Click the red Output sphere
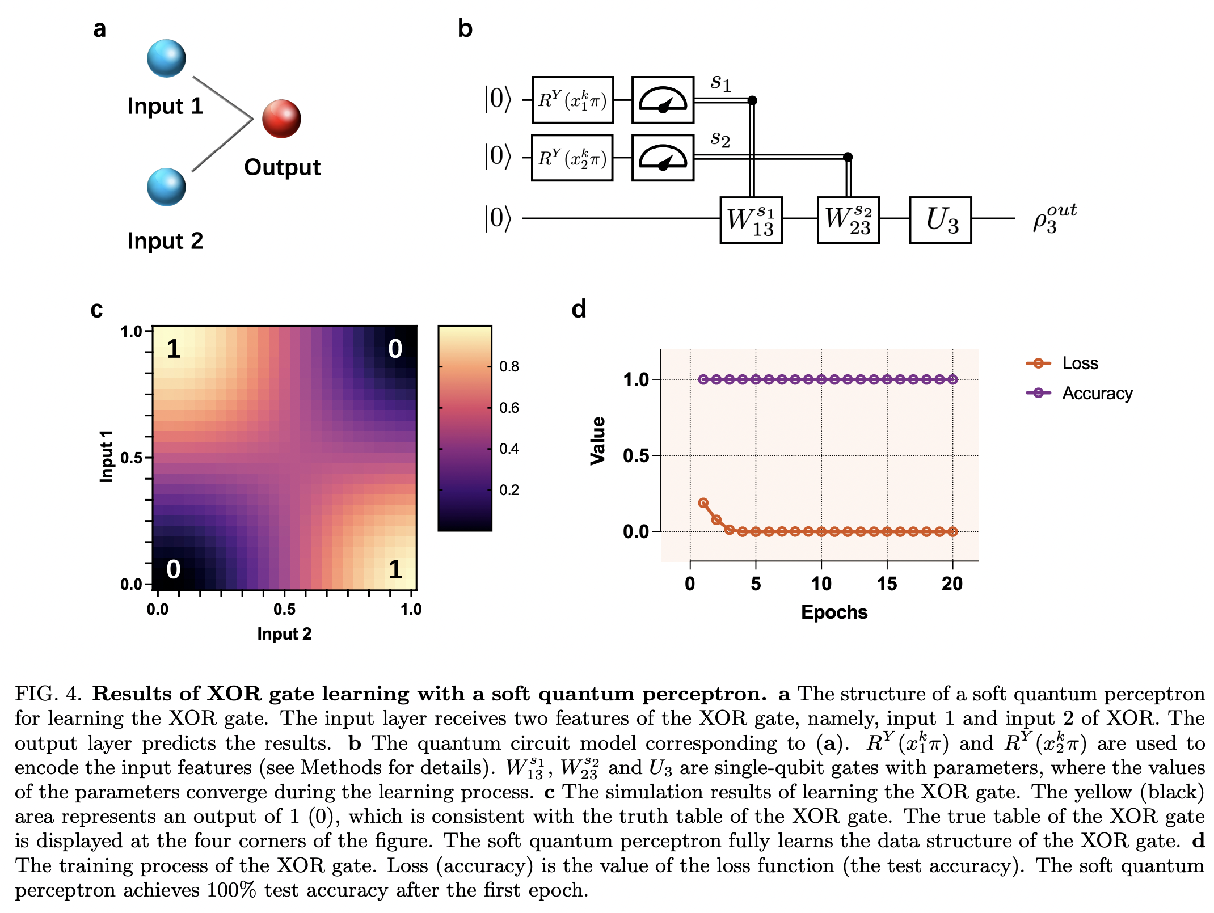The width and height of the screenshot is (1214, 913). [281, 119]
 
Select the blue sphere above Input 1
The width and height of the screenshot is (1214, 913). [166, 58]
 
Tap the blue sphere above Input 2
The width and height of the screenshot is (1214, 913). [166, 187]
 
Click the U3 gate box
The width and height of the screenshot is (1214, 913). [940, 220]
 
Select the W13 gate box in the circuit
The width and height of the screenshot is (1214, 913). [751, 220]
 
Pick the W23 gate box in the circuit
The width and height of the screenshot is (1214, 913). [848, 220]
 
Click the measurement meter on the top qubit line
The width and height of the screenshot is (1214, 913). [663, 100]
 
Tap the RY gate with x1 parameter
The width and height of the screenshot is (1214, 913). [572, 100]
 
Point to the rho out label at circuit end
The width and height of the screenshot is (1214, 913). [1054, 218]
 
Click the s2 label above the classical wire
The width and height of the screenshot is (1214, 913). [720, 138]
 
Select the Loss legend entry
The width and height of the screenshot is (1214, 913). [1080, 363]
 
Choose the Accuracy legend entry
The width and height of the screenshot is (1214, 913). [1097, 393]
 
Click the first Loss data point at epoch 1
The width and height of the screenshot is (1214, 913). [703, 503]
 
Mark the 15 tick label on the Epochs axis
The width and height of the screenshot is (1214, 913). [887, 584]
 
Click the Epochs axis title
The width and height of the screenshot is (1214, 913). [834, 612]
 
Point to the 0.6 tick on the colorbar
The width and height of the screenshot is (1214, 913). [509, 408]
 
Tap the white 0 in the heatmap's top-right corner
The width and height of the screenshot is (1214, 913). [395, 349]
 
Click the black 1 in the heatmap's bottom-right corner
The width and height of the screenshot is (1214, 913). [395, 569]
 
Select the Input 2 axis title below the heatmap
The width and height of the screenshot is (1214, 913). [284, 633]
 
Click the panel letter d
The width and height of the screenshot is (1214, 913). [579, 310]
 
